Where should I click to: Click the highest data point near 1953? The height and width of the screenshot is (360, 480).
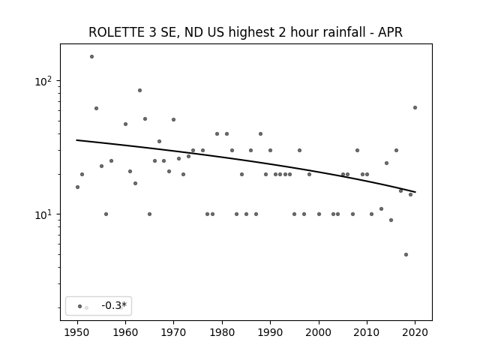tap(91, 57)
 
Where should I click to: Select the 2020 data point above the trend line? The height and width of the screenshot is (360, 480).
tap(415, 108)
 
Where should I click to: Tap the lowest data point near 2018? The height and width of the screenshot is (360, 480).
tap(406, 255)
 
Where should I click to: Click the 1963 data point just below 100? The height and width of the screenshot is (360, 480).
tap(140, 90)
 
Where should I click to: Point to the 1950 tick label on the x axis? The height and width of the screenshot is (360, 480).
tap(77, 332)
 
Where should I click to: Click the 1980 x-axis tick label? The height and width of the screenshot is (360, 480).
tap(222, 332)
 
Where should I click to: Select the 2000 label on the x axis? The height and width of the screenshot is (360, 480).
tap(319, 332)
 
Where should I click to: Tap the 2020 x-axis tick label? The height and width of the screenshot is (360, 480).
tap(415, 332)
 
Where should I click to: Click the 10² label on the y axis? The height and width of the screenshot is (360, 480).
tap(43, 81)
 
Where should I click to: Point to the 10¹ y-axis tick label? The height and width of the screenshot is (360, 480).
tap(43, 214)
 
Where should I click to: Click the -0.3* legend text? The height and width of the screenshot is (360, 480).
tap(114, 305)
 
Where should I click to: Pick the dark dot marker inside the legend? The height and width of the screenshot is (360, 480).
tap(80, 307)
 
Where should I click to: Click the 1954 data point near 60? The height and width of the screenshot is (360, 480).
tap(97, 108)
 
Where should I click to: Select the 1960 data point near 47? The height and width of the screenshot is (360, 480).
tap(125, 124)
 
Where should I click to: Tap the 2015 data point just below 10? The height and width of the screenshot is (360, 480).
tap(391, 220)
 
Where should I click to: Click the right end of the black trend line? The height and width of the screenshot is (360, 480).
tap(415, 192)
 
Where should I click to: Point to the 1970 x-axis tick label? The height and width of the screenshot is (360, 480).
tap(174, 332)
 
